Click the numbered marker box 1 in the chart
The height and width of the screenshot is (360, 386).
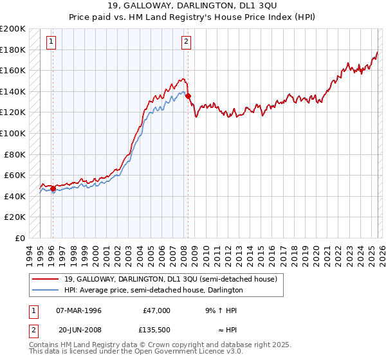(51, 42)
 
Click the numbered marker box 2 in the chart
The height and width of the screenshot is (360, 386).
(186, 42)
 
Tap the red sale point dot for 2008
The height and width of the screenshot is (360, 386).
(188, 96)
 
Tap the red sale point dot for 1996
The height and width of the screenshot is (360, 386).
(53, 189)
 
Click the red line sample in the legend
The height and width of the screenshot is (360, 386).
(46, 279)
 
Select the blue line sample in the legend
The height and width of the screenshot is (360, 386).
(46, 290)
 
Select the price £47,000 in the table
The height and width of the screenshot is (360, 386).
(156, 310)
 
